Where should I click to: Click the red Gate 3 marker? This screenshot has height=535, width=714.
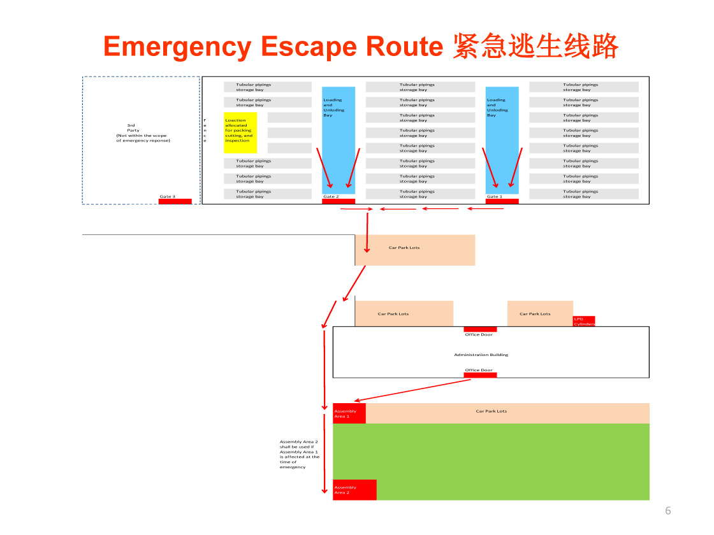tap(175, 201)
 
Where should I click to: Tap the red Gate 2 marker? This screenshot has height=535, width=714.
tap(339, 201)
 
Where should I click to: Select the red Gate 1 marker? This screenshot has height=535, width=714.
tap(502, 201)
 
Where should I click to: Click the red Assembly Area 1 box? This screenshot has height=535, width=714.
tap(349, 413)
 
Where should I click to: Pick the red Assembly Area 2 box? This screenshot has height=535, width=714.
tap(354, 490)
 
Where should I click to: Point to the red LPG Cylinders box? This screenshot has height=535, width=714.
tap(584, 321)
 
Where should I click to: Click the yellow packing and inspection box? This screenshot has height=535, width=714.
tap(240, 132)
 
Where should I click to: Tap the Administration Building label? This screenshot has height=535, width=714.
tap(481, 355)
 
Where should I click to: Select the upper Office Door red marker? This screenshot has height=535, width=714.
tap(480, 329)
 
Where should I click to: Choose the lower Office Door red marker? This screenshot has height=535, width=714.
tap(480, 374)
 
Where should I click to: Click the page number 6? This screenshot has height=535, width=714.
tap(668, 510)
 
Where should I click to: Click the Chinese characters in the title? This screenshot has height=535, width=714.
tap(535, 46)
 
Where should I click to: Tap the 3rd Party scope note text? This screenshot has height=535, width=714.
tap(143, 133)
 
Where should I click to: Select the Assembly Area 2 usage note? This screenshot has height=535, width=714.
tap(299, 454)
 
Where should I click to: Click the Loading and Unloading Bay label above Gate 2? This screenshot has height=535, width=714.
tap(333, 108)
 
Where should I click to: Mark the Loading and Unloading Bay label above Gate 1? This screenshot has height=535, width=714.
tap(497, 108)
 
